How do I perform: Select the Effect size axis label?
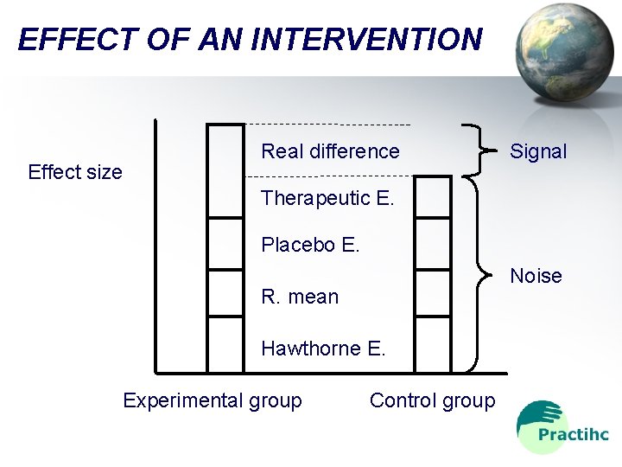coord(75,172)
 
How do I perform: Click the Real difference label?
coord(330,151)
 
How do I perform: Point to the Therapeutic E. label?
coord(327,198)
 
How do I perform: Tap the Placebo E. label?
coord(310,245)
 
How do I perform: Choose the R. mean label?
coord(300,297)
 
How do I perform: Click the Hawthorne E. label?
coord(323,349)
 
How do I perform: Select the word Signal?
coord(537,151)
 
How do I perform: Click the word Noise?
coord(536,276)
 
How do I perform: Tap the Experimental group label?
coord(213,400)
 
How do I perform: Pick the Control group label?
coord(432,400)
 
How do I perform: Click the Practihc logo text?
coord(573,435)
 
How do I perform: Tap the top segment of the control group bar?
coord(433,196)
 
